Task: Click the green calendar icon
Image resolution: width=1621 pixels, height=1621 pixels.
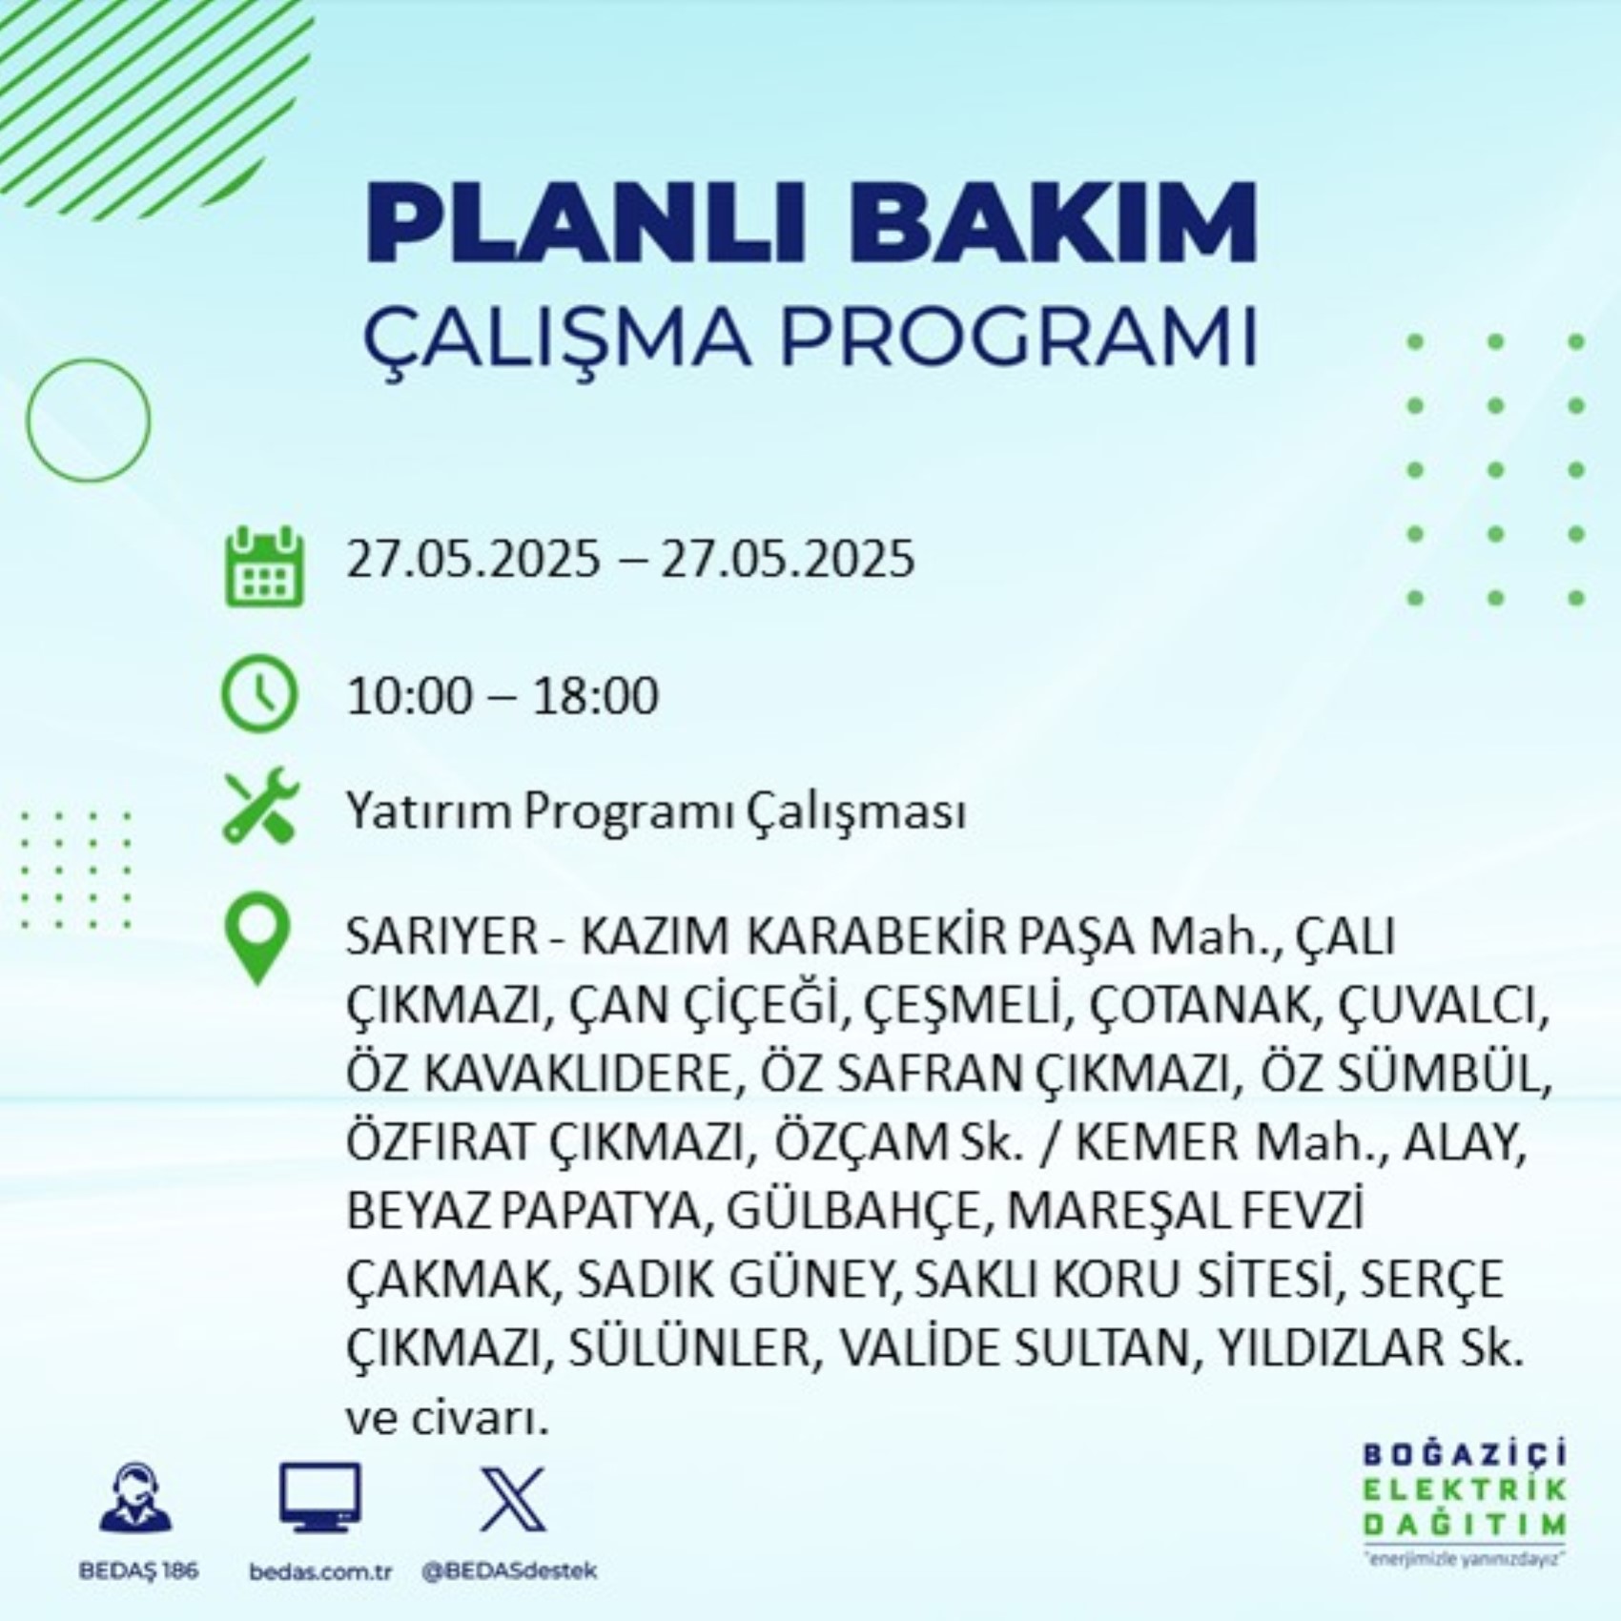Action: [x=264, y=566]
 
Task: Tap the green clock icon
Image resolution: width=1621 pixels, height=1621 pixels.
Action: [x=259, y=693]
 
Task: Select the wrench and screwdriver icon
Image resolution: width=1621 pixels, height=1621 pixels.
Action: [x=261, y=806]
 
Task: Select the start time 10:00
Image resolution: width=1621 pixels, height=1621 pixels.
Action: [x=409, y=695]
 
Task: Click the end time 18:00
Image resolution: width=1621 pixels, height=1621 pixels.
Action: [x=595, y=695]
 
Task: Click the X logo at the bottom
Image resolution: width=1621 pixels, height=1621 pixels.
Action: [x=513, y=1500]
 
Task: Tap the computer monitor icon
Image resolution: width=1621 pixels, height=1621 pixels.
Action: [x=320, y=1497]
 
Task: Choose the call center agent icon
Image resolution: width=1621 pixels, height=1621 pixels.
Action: [x=135, y=1498]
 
